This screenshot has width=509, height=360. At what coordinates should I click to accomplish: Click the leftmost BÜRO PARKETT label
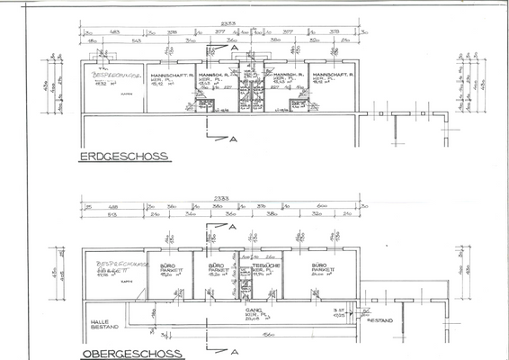click(167, 269)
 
